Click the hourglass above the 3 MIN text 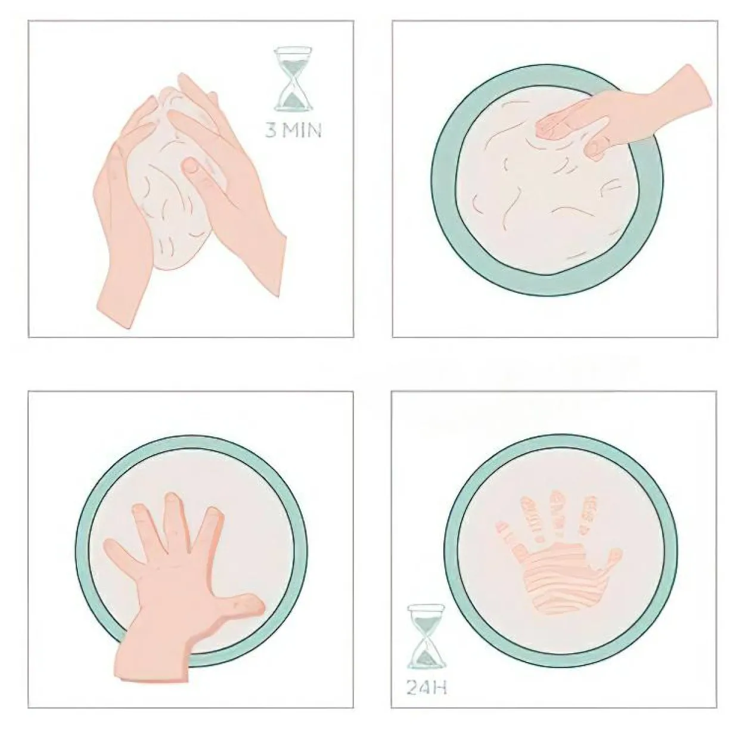(x=293, y=79)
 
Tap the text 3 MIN (x=293, y=131)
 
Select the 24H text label (x=427, y=688)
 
